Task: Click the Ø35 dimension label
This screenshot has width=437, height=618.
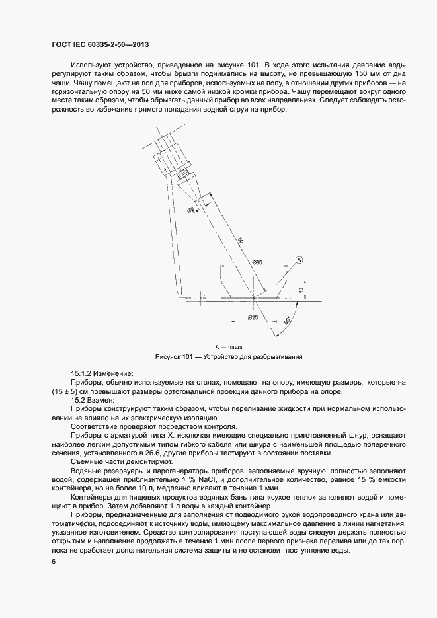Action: (x=257, y=263)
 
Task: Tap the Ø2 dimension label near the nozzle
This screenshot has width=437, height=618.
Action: (x=190, y=210)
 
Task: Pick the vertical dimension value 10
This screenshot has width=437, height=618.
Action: (x=301, y=289)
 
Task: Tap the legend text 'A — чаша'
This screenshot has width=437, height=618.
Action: (x=228, y=346)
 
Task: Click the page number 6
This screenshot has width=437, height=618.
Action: (x=53, y=562)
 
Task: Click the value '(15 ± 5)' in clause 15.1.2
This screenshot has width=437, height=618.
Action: (x=65, y=391)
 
